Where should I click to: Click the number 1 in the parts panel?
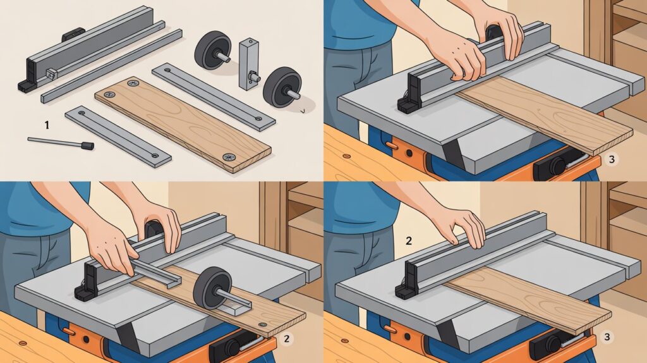point(46,125)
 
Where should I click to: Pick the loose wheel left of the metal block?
point(212,50)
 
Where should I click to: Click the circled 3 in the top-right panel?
point(610,159)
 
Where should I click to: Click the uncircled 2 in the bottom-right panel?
point(409,240)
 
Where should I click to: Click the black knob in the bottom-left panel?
point(231,347)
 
